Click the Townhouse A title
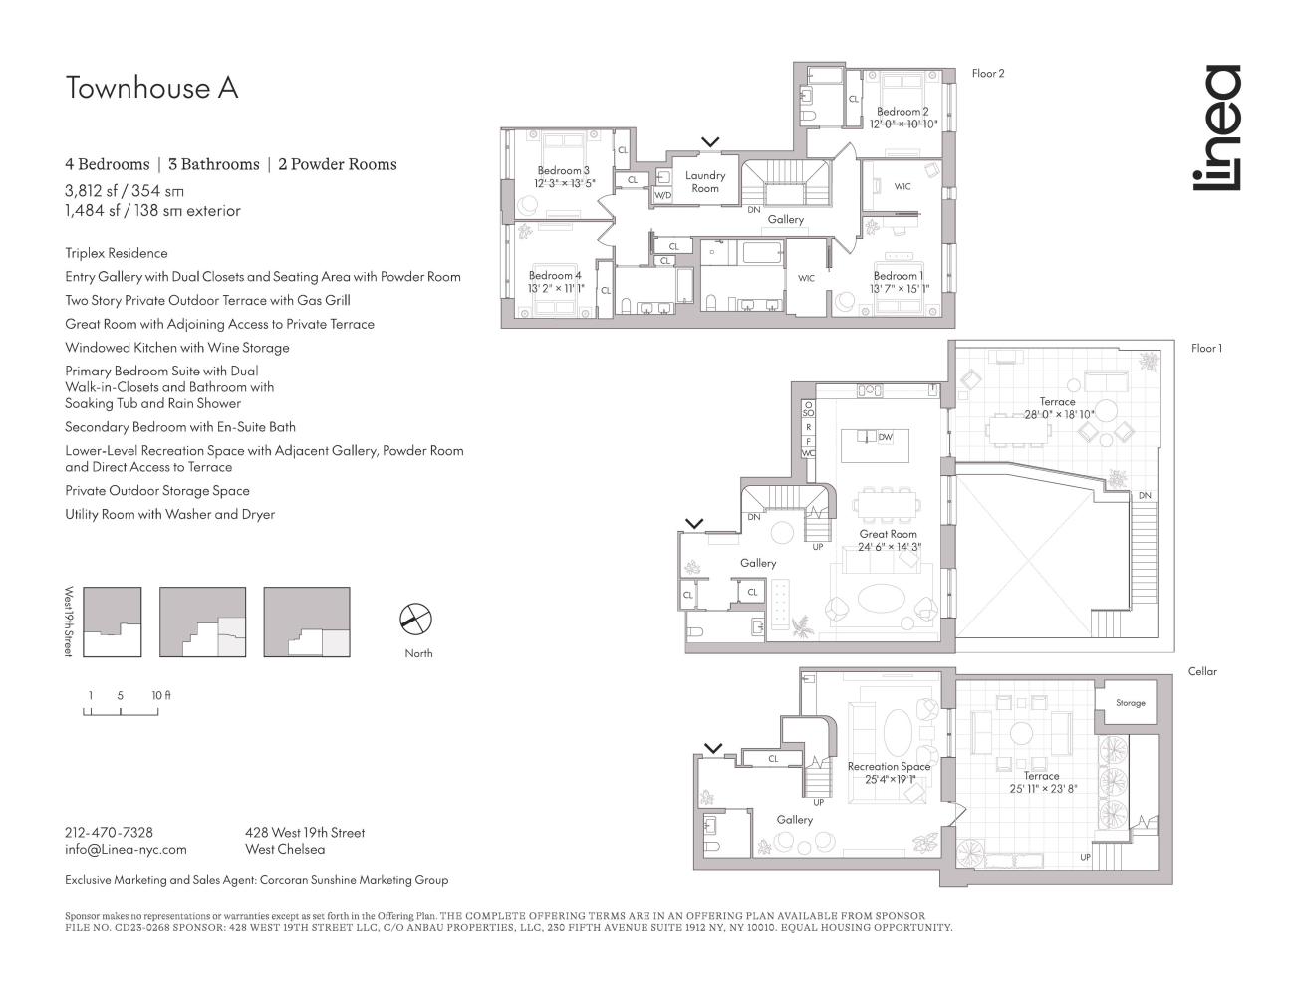tap(151, 88)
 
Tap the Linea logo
tap(1217, 127)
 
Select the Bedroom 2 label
tap(902, 112)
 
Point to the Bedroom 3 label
tap(564, 171)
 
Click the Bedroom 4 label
tap(555, 276)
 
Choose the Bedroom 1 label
tap(899, 276)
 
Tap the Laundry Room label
tap(705, 181)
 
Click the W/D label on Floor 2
tap(662, 196)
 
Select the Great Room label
tap(889, 535)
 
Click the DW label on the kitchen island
tap(886, 437)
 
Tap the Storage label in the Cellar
tap(1130, 703)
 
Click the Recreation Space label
tap(889, 766)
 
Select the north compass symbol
tap(416, 620)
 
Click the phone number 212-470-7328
tap(109, 832)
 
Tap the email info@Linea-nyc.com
tap(126, 850)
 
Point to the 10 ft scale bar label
tap(160, 695)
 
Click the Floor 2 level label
tap(988, 74)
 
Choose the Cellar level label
tap(1202, 671)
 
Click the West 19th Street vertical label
tap(69, 621)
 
